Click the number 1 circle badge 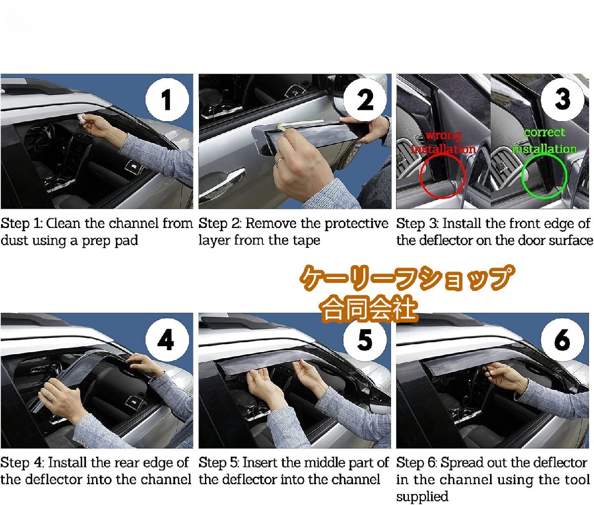(x=167, y=99)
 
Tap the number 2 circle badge (x=365, y=99)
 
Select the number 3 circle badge (x=562, y=99)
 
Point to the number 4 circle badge (x=167, y=339)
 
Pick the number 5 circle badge (x=365, y=339)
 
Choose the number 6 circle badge (x=562, y=339)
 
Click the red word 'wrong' (x=444, y=135)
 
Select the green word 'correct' (x=544, y=133)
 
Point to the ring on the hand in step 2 (x=279, y=161)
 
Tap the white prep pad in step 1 (x=82, y=118)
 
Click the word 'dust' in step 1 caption (x=14, y=240)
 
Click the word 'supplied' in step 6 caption (x=422, y=497)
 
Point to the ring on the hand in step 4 (x=52, y=398)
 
